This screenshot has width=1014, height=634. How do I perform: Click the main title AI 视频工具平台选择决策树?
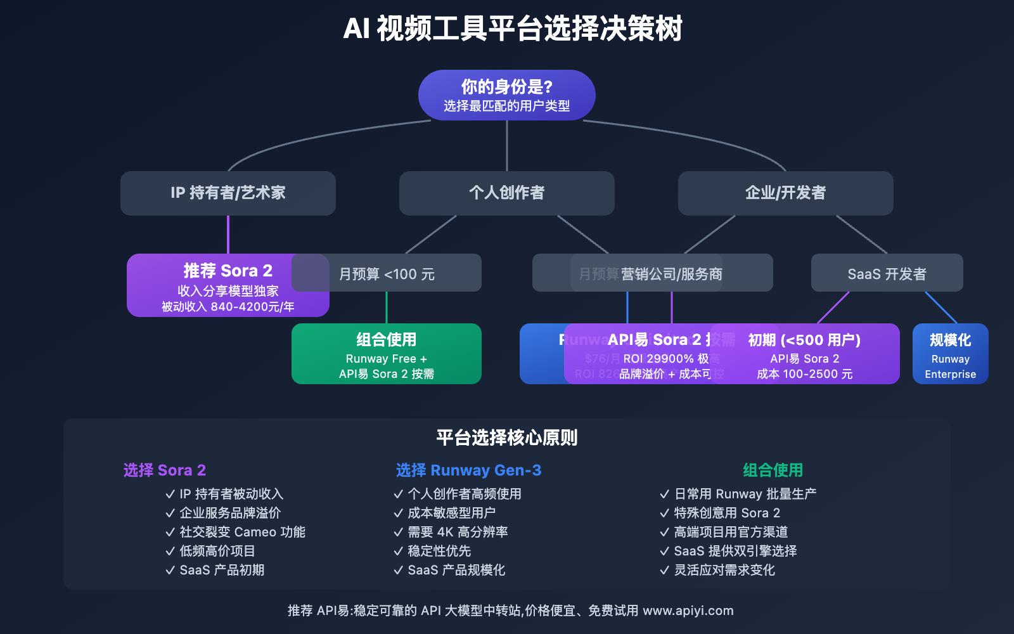click(x=512, y=29)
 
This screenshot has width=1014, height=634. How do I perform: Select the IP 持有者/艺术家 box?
click(x=228, y=193)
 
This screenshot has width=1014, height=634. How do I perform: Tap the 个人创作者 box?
click(x=506, y=193)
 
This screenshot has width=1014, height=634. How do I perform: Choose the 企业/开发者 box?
click(x=785, y=193)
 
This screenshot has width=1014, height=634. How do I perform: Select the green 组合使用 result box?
click(x=386, y=354)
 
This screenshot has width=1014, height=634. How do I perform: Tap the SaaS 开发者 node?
click(x=887, y=274)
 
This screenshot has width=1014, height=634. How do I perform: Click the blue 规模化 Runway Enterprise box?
click(x=950, y=354)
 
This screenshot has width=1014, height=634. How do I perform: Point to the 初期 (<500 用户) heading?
click(x=804, y=340)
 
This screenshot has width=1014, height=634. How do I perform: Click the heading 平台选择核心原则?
click(x=506, y=437)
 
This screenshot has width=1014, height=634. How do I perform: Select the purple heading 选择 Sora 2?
click(x=164, y=470)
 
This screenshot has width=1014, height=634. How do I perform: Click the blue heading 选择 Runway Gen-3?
click(x=468, y=470)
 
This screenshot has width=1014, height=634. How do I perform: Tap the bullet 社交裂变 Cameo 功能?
click(x=241, y=532)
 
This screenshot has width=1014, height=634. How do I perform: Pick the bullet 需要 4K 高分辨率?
click(x=457, y=532)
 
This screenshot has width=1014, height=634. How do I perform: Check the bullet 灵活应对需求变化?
click(x=724, y=570)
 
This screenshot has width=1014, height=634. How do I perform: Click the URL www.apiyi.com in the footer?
click(x=688, y=611)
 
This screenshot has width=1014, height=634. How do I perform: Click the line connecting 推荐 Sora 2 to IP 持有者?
click(x=228, y=235)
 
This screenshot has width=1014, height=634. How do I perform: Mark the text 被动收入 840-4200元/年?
click(x=228, y=307)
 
